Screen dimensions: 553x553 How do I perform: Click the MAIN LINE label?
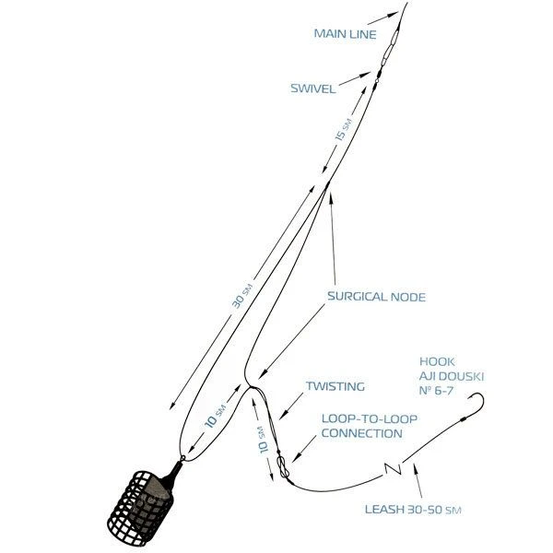(x=345, y=34)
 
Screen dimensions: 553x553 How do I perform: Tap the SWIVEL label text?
(x=312, y=88)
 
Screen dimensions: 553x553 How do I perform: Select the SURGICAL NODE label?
(x=376, y=296)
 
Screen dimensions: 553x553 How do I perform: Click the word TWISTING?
(x=335, y=386)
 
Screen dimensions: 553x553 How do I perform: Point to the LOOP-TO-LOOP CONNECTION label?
(x=370, y=426)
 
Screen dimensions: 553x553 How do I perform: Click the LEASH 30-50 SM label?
(x=413, y=509)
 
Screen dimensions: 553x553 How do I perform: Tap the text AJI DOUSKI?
(x=451, y=376)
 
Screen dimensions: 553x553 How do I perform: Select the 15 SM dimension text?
(x=344, y=130)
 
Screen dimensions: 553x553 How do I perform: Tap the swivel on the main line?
(x=378, y=76)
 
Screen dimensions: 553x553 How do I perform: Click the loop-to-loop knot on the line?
(x=283, y=466)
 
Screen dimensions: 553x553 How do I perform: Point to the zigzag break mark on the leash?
(x=393, y=468)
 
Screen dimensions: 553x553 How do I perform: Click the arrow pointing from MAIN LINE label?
(x=382, y=18)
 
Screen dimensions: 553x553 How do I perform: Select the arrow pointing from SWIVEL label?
(x=355, y=78)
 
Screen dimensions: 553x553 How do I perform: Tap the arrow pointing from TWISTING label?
(x=291, y=406)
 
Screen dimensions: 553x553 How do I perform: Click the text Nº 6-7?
(x=436, y=391)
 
